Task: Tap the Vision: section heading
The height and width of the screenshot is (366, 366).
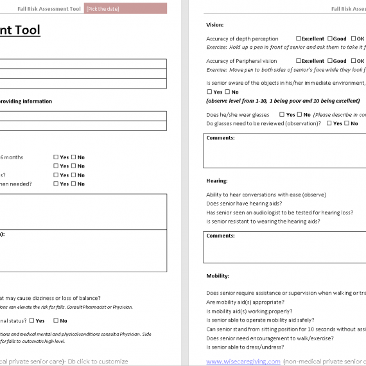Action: tap(214, 25)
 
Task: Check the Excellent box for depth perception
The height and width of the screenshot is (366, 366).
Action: tap(299, 39)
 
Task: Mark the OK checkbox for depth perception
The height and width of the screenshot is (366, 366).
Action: tap(352, 39)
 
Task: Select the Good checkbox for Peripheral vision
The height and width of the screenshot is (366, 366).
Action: tap(330, 62)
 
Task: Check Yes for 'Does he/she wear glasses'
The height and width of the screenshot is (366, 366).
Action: tap(282, 115)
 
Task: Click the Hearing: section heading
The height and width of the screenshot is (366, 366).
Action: tap(216, 181)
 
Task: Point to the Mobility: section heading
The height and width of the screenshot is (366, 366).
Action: tap(218, 276)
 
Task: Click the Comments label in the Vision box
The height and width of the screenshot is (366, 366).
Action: tap(220, 138)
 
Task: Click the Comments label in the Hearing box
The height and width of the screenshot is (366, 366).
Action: tap(220, 236)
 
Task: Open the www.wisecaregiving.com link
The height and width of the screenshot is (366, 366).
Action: tap(243, 362)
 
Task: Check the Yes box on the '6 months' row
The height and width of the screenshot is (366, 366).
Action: tap(57, 157)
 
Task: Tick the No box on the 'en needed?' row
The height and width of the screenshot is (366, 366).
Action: tap(73, 184)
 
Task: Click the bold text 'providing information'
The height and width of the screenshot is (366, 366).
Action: tap(26, 101)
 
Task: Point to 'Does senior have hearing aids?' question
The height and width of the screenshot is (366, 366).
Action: tap(244, 204)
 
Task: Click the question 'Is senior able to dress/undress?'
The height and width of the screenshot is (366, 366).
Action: tap(247, 347)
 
